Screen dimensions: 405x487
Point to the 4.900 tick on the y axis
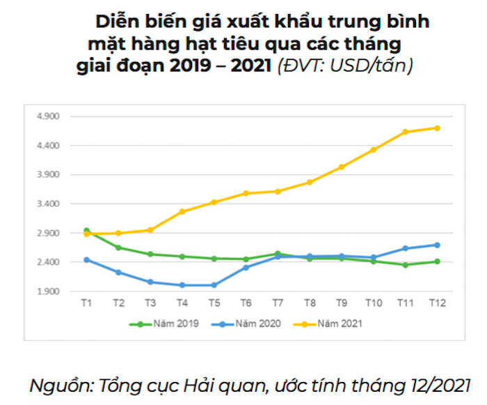(x=50, y=116)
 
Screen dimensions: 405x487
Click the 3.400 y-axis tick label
(x=50, y=204)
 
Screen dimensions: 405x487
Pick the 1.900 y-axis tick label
(x=50, y=291)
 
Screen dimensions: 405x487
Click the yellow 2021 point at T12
(x=437, y=128)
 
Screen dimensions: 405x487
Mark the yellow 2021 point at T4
(x=182, y=211)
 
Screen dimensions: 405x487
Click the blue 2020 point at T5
(x=214, y=285)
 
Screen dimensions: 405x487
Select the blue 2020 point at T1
(x=86, y=259)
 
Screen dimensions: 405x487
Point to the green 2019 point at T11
(x=405, y=265)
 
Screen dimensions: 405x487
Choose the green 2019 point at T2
(x=118, y=247)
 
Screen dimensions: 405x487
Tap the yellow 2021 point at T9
(x=342, y=167)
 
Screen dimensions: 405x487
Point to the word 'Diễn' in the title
(x=115, y=22)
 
